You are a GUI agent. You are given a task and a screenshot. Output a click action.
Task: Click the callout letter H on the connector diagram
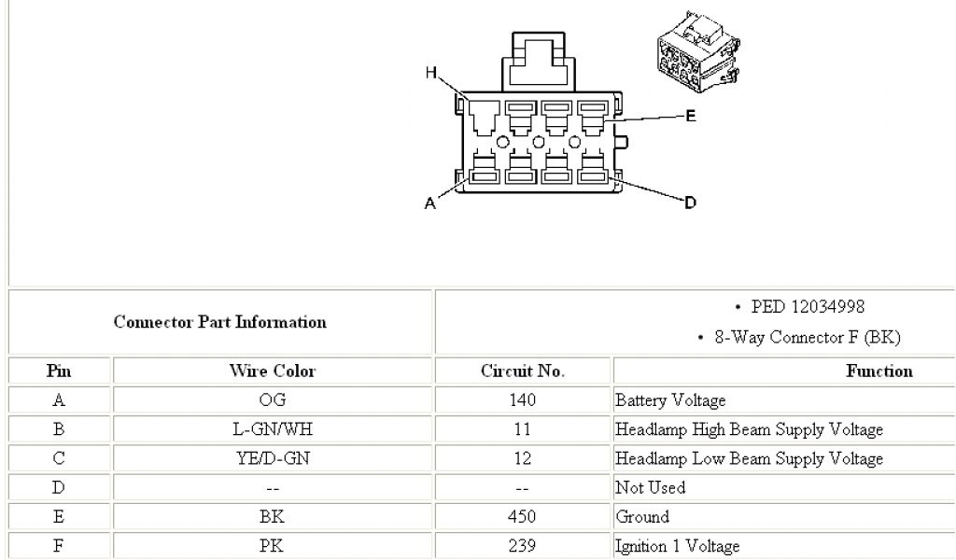431,73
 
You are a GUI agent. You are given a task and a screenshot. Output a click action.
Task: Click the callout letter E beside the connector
691,117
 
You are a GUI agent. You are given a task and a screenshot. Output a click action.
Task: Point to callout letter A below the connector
430,204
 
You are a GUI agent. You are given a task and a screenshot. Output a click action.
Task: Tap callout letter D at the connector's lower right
691,202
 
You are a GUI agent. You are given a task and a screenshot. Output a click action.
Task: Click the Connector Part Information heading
220,322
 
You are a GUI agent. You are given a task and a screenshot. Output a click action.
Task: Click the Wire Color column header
273,371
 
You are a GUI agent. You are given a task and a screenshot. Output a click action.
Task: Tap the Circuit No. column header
523,371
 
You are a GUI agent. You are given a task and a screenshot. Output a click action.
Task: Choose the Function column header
879,371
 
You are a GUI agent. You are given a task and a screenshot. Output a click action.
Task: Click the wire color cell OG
273,400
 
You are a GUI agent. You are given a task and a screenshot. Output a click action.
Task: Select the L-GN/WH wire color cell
273,429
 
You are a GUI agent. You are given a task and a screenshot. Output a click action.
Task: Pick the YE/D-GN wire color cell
273,458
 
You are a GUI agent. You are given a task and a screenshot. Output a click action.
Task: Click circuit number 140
523,400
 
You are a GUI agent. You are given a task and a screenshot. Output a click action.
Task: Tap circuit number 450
523,516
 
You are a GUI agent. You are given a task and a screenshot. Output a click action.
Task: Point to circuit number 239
523,545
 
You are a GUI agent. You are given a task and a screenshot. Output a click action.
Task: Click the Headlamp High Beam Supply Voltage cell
749,429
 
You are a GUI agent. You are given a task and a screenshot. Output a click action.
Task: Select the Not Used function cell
650,487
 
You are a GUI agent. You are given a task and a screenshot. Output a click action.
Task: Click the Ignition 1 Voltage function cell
677,545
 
